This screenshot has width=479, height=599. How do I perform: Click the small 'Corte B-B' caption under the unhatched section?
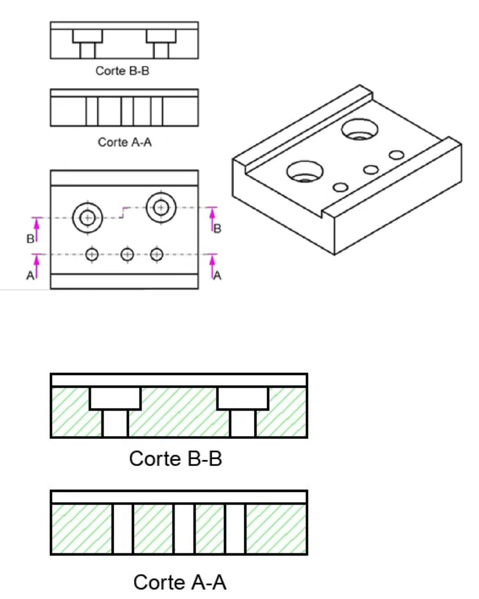tap(122, 70)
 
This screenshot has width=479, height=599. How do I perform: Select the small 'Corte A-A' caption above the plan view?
tap(124, 142)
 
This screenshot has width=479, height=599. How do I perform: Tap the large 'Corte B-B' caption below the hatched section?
tap(176, 459)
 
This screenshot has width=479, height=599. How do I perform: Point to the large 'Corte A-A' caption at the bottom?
tap(180, 582)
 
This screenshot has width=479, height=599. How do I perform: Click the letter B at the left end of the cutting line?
tap(30, 239)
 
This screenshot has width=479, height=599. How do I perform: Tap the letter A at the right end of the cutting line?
tap(217, 276)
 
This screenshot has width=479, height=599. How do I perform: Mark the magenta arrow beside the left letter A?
tap(37, 267)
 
